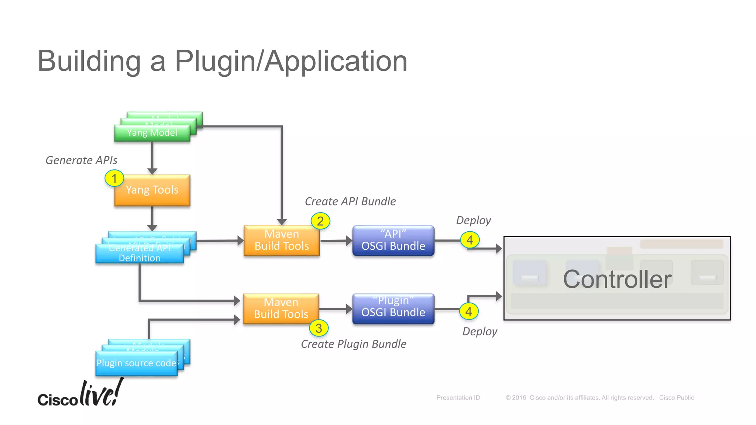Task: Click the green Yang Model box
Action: click(152, 133)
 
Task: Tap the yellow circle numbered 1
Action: click(114, 179)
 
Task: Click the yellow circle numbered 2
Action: click(320, 221)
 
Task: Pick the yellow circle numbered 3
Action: click(319, 328)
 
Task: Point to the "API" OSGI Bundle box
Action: click(393, 241)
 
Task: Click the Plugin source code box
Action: click(137, 363)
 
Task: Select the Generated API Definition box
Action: click(140, 253)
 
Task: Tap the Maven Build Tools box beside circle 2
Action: click(282, 241)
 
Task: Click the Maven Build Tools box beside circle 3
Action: click(281, 309)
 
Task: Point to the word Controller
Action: click(617, 279)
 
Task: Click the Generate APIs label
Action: click(81, 160)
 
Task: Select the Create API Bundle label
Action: click(350, 201)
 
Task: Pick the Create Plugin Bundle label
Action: click(353, 344)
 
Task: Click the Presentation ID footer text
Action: click(458, 398)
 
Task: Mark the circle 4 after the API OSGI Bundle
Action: click(470, 240)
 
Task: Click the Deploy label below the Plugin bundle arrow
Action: click(480, 331)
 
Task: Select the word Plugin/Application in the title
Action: click(291, 61)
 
